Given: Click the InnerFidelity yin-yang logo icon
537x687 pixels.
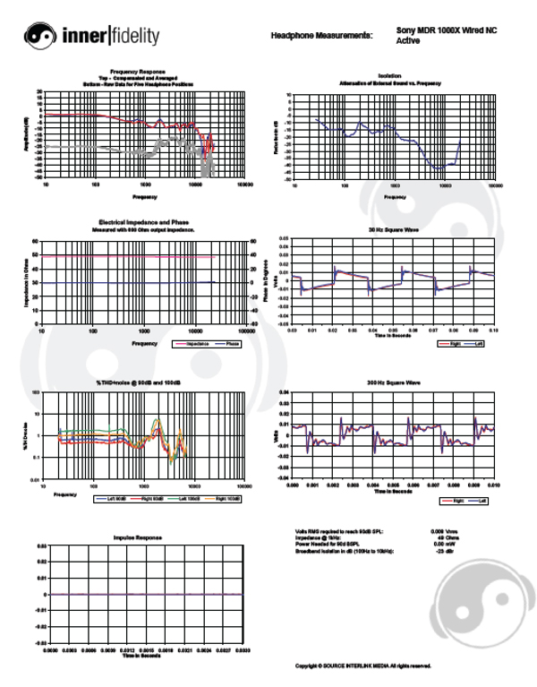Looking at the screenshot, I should pos(41,36).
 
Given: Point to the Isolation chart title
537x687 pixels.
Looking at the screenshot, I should pos(390,76).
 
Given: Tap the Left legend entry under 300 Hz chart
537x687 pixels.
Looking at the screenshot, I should pos(480,501).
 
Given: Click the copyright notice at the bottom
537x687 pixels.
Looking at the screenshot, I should pos(363,666).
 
